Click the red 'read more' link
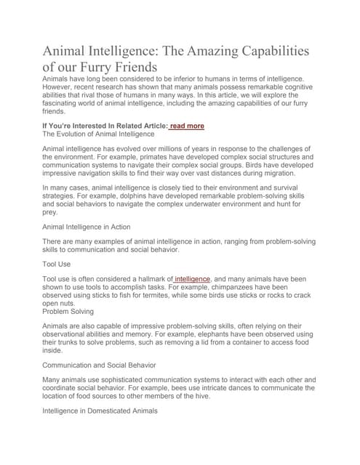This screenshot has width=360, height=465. [188, 126]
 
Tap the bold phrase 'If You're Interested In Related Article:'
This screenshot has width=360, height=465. [105, 126]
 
